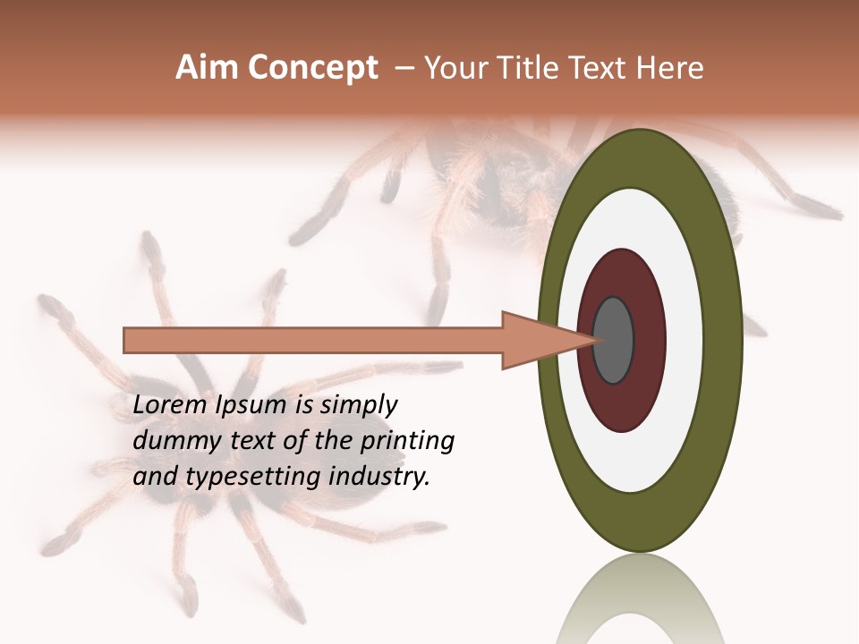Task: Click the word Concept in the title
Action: click(312, 69)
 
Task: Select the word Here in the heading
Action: click(671, 68)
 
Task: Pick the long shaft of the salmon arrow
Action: click(313, 340)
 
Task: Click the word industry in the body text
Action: click(379, 477)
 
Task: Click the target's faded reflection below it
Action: click(639, 604)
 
